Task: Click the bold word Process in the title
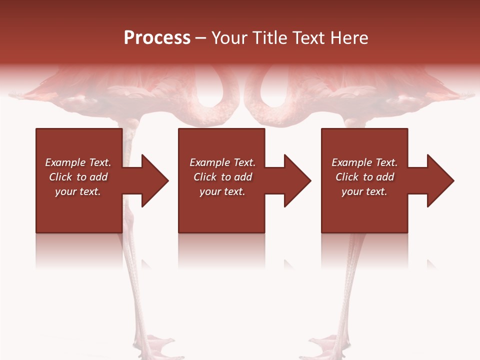pyautogui.click(x=157, y=38)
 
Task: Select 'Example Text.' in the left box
pyautogui.click(x=78, y=162)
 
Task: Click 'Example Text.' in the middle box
pyautogui.click(x=222, y=162)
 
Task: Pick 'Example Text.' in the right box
pyautogui.click(x=364, y=162)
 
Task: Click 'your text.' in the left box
pyautogui.click(x=78, y=191)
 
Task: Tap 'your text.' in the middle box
pyautogui.click(x=222, y=191)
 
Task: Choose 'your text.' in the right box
pyautogui.click(x=364, y=191)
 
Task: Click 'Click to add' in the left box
pyautogui.click(x=78, y=177)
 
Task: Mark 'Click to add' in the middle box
pyautogui.click(x=222, y=177)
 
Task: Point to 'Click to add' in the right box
pyautogui.click(x=364, y=177)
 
